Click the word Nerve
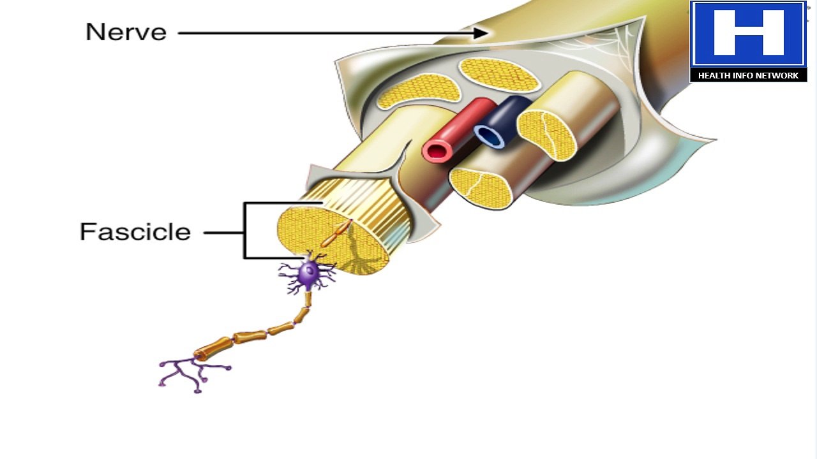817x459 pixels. [126, 32]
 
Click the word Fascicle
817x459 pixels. [135, 231]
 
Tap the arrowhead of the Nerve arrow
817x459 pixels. [481, 33]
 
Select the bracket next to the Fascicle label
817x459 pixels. [244, 231]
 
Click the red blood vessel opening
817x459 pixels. [437, 151]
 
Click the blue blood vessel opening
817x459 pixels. [489, 136]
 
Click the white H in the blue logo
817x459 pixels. [749, 33]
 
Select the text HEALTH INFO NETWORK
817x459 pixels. [749, 75]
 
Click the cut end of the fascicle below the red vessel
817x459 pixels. [481, 189]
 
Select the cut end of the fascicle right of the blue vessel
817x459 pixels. [547, 136]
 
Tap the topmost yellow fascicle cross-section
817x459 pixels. [499, 75]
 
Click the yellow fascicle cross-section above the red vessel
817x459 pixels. [419, 91]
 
